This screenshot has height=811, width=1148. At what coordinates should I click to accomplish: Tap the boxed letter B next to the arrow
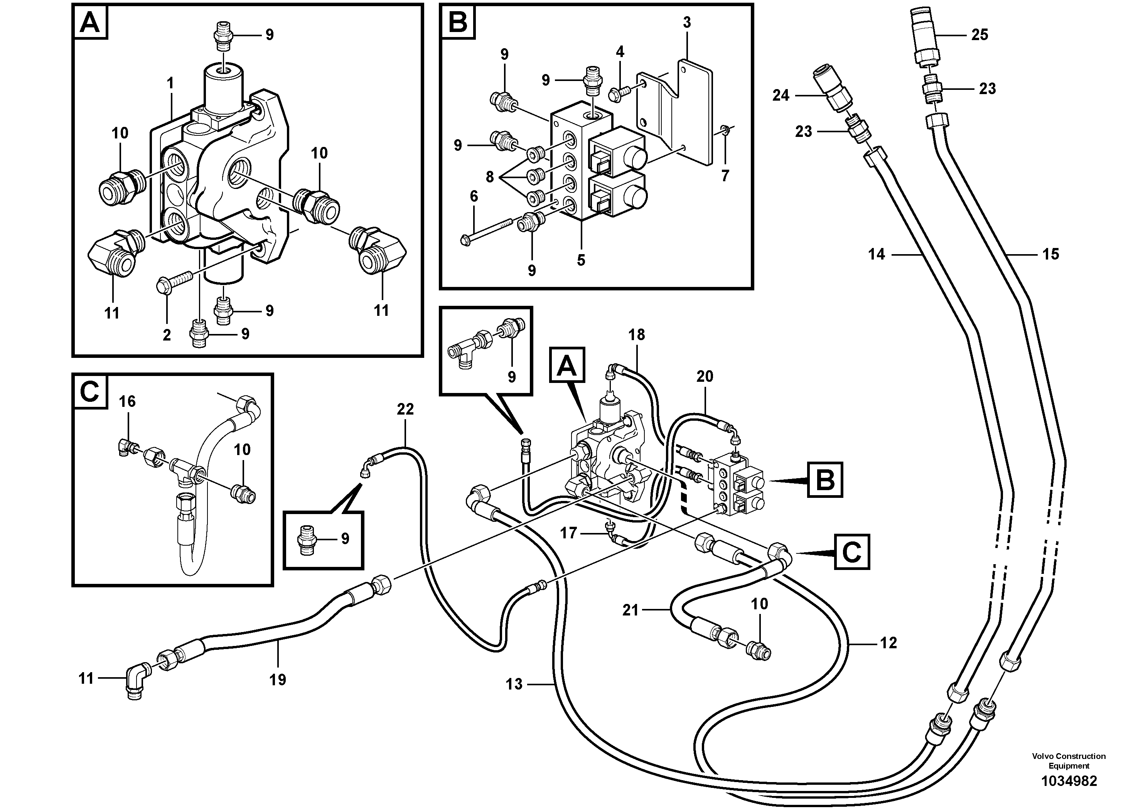pos(824,480)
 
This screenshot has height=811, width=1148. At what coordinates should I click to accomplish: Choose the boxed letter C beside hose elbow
pos(851,552)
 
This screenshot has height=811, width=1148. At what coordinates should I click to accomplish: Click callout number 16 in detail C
pos(127,401)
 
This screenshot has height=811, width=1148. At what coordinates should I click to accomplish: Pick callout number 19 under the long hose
pos(278,679)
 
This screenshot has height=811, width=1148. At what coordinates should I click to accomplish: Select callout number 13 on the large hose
pos(514,684)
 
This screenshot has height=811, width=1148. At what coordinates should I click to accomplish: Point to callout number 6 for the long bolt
pos(474,197)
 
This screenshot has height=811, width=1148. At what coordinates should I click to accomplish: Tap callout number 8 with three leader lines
pos(489,177)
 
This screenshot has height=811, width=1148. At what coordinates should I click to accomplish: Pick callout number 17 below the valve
pos(568,533)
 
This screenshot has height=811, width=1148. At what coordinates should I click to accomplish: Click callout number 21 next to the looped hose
pos(630,610)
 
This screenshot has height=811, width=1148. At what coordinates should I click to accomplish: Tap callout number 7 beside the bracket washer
pos(725,175)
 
